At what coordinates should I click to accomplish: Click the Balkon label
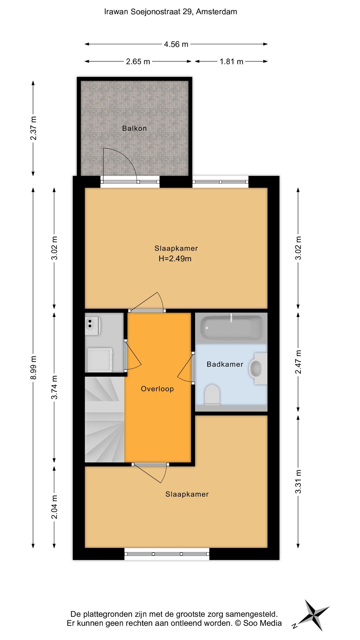pyautogui.click(x=134, y=128)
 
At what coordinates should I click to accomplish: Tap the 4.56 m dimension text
pyautogui.click(x=176, y=44)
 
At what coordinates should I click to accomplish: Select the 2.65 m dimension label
pyautogui.click(x=138, y=62)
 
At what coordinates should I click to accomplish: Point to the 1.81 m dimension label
pyautogui.click(x=231, y=62)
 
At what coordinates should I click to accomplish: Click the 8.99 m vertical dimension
pyautogui.click(x=33, y=367)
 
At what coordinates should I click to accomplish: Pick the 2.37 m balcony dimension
pyautogui.click(x=33, y=128)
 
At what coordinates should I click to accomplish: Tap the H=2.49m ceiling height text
pyautogui.click(x=175, y=259)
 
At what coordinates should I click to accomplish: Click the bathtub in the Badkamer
pyautogui.click(x=231, y=328)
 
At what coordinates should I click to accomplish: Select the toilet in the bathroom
pyautogui.click(x=212, y=395)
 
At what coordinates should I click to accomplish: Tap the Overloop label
pyautogui.click(x=157, y=389)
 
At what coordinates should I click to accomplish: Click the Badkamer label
pyautogui.click(x=225, y=364)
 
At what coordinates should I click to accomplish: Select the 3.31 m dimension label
pyautogui.click(x=298, y=481)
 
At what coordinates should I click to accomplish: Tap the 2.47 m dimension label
pyautogui.click(x=298, y=362)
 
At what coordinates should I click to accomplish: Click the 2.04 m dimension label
pyautogui.click(x=54, y=507)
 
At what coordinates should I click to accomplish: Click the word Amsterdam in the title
pyautogui.click(x=216, y=12)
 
